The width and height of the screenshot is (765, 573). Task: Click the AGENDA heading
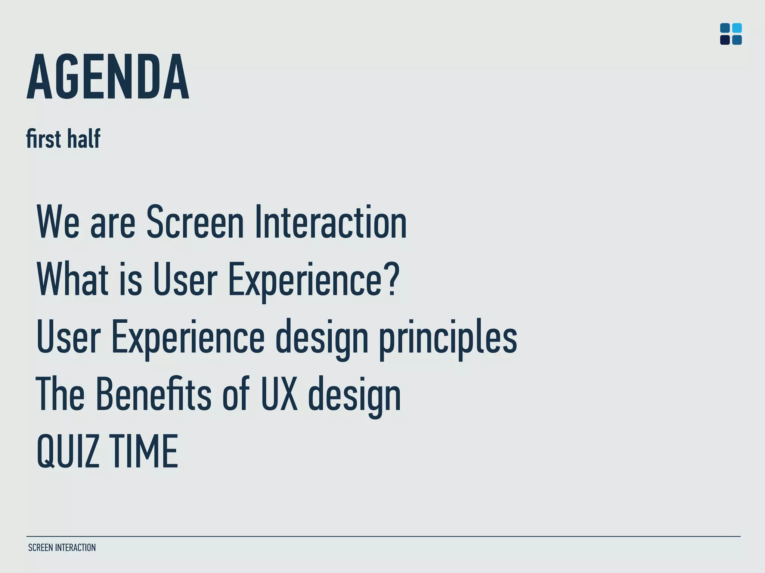pos(108,77)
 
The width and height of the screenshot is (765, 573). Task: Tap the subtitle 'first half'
pos(63,138)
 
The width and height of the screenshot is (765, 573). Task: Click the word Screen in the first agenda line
pos(195,222)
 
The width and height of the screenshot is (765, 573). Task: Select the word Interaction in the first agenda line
pos(331,222)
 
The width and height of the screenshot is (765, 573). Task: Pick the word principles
pos(448,337)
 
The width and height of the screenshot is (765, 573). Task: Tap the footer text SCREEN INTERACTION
pos(62,548)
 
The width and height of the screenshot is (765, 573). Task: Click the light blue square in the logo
pos(737,28)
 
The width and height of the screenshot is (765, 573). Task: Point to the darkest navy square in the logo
pos(725,40)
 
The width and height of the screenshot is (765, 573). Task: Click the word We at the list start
pos(58,222)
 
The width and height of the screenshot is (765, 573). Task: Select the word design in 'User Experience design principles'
pos(322,337)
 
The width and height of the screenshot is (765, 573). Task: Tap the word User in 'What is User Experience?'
pos(185,279)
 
